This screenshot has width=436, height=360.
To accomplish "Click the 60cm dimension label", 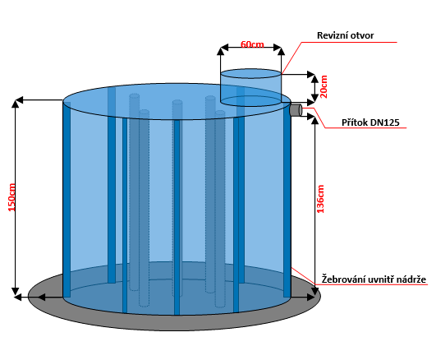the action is (252, 44).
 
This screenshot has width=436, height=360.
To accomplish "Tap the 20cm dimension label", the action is (324, 86).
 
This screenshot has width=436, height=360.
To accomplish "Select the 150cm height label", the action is (11, 197).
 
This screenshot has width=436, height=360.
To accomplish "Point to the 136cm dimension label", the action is (320, 199).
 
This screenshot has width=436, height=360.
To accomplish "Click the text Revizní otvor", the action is (346, 35).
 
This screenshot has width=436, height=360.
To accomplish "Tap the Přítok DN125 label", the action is (370, 122).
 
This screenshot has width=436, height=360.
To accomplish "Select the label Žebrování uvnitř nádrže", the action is (374, 279).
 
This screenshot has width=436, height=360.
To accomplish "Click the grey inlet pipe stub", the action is (296, 109).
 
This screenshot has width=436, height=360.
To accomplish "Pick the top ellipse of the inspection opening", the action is (250, 74).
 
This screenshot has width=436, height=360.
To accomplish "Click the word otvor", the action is (362, 35).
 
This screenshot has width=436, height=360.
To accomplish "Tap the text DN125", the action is (386, 122).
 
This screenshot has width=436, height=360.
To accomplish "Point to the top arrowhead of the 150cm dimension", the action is (16, 103).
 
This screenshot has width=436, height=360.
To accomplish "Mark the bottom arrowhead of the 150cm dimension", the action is (16, 291).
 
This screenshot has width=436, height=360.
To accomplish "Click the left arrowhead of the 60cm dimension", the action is (224, 48).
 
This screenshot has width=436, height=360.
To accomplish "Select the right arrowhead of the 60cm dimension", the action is (278, 48).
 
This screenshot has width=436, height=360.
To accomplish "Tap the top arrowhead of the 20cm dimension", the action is (314, 79).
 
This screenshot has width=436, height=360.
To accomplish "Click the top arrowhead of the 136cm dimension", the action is (314, 121).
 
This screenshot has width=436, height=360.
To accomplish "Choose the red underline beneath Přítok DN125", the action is (366, 128).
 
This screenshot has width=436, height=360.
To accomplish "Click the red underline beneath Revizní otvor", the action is (349, 43).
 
